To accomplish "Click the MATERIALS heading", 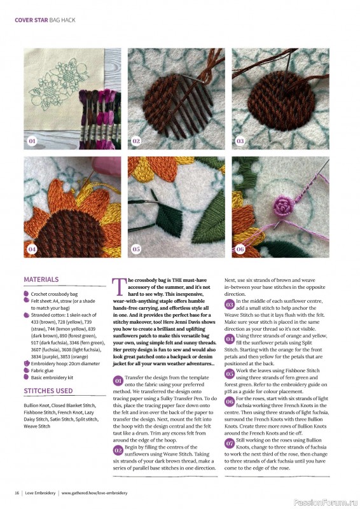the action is point(41,279).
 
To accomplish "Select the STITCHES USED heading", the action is point(48,391).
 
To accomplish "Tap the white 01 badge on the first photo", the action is point(32,141).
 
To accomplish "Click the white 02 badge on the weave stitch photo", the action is point(136,141).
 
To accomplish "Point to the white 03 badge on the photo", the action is point(240,141).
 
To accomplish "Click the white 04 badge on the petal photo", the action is point(32,249).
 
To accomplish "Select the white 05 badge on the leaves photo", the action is point(136,249).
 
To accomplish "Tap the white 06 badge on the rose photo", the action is point(240,249).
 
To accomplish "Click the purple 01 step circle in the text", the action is point(118,380).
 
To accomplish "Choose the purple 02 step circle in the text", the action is point(118,450).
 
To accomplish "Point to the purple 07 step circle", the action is point(230,443).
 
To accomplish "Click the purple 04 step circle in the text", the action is point(230,339).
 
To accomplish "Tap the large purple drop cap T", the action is point(120,287).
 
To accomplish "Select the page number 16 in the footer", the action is point(17,492).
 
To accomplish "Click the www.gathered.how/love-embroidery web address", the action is point(95,492).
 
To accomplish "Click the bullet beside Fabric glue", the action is point(26,370).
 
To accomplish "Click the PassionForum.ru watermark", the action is point(326,503).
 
